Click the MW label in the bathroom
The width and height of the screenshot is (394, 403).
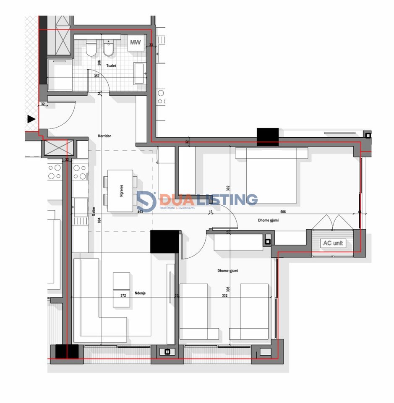(135, 42)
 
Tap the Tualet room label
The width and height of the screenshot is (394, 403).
(111, 66)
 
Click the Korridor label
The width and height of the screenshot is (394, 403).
(104, 136)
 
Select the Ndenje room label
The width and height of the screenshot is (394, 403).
(140, 294)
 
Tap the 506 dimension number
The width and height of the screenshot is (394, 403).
(284, 212)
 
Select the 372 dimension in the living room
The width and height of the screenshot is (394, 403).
(123, 296)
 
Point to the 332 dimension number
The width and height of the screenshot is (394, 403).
(224, 296)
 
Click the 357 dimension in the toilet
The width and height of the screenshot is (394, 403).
(97, 76)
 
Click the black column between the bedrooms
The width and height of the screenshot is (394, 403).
(164, 241)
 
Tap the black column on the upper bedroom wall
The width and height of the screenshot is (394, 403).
(268, 137)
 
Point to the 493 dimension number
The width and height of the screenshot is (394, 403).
(140, 212)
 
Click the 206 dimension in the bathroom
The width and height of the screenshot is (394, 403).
(99, 63)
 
